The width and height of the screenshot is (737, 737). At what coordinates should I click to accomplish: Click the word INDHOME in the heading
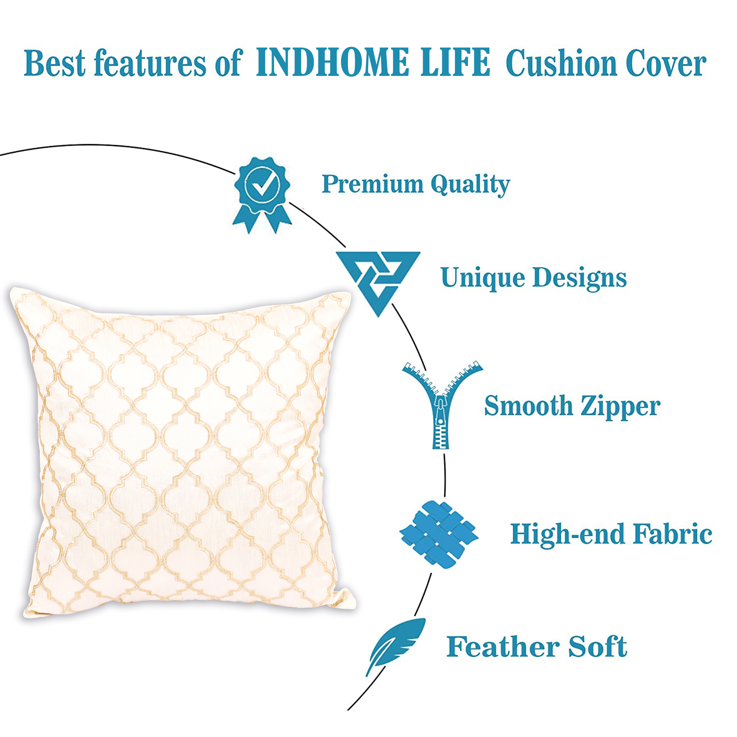pyautogui.click(x=332, y=62)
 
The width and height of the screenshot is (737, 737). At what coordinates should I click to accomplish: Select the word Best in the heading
pyautogui.click(x=55, y=63)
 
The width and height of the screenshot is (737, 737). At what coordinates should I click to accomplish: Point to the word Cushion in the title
pyautogui.click(x=561, y=63)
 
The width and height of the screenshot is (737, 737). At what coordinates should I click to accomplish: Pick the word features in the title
pyautogui.click(x=150, y=63)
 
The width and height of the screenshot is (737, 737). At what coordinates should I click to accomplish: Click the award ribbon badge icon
pyautogui.click(x=262, y=195)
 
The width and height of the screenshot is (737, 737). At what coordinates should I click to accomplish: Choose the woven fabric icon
pyautogui.click(x=439, y=534)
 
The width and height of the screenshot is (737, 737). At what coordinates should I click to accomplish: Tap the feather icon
pyautogui.click(x=395, y=646)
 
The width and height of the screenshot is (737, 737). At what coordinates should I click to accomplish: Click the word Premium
pyautogui.click(x=372, y=184)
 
